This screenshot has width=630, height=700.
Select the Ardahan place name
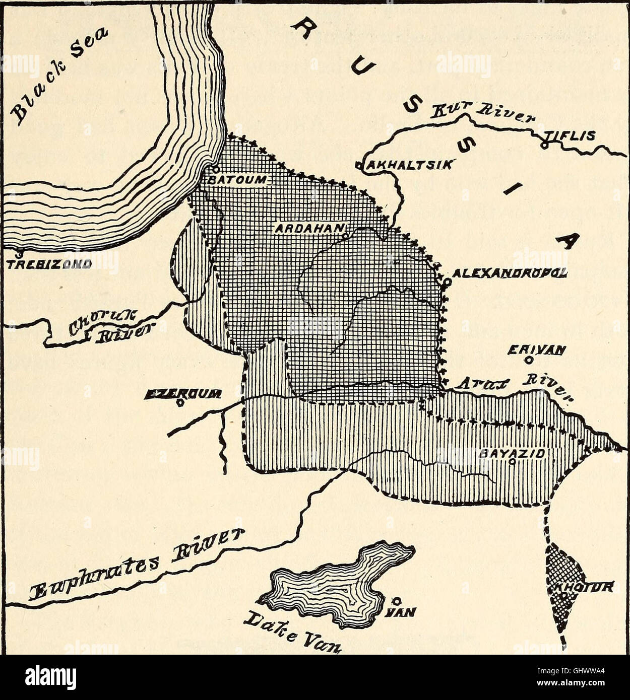(x=308, y=228)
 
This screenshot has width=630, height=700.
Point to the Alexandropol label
(x=510, y=273)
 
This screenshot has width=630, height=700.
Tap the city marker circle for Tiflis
(x=544, y=145)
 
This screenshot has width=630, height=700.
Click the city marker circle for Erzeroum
(x=180, y=402)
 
